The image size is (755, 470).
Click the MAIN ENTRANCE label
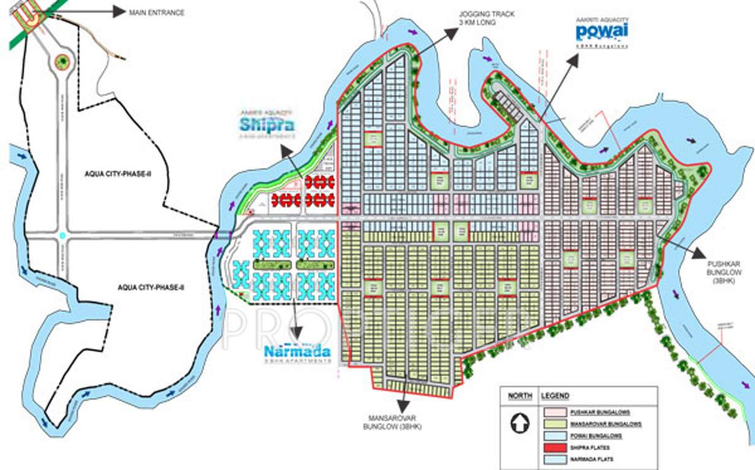click(156, 12)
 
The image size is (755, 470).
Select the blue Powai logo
click(602, 32)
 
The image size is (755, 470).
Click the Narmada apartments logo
click(297, 352)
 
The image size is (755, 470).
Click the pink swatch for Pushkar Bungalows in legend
click(553, 412)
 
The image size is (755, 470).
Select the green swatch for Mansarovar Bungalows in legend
click(553, 424)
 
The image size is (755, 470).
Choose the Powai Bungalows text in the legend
click(596, 436)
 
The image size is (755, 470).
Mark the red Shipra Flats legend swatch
click(553, 447)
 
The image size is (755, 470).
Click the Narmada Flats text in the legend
click(592, 459)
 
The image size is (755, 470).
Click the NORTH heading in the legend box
click(519, 396)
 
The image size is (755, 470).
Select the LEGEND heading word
click(555, 396)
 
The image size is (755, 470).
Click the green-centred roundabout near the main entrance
click(61, 61)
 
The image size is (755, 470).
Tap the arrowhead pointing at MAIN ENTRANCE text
click(119, 12)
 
